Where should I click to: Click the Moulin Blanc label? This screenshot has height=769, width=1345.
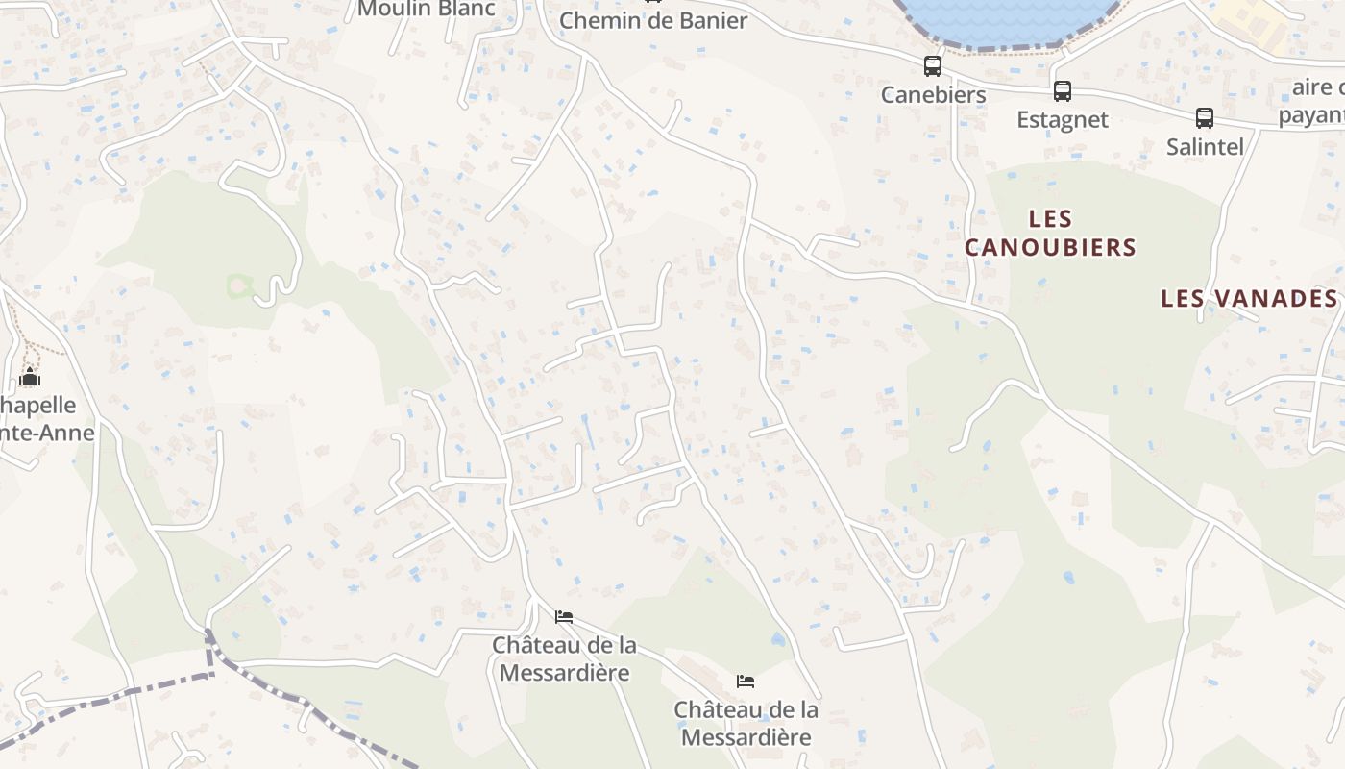pyautogui.click(x=426, y=10)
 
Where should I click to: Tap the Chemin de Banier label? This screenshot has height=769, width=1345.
pyautogui.click(x=653, y=20)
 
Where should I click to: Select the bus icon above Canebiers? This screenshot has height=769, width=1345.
pyautogui.click(x=933, y=66)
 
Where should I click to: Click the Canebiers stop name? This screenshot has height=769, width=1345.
pyautogui.click(x=934, y=94)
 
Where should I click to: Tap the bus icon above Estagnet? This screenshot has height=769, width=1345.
pyautogui.click(x=1062, y=91)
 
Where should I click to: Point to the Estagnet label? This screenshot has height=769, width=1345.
pyautogui.click(x=1063, y=119)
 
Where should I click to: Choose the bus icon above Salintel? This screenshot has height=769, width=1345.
pyautogui.click(x=1205, y=118)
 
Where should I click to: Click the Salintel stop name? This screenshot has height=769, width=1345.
pyautogui.click(x=1205, y=146)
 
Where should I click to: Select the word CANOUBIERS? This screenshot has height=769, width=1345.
pyautogui.click(x=1050, y=247)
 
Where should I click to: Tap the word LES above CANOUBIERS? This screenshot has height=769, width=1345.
pyautogui.click(x=1050, y=219)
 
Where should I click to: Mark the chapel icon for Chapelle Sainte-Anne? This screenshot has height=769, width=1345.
pyautogui.click(x=30, y=377)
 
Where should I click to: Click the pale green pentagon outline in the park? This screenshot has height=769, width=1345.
pyautogui.click(x=239, y=285)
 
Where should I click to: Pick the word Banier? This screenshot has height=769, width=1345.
pyautogui.click(x=710, y=20)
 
